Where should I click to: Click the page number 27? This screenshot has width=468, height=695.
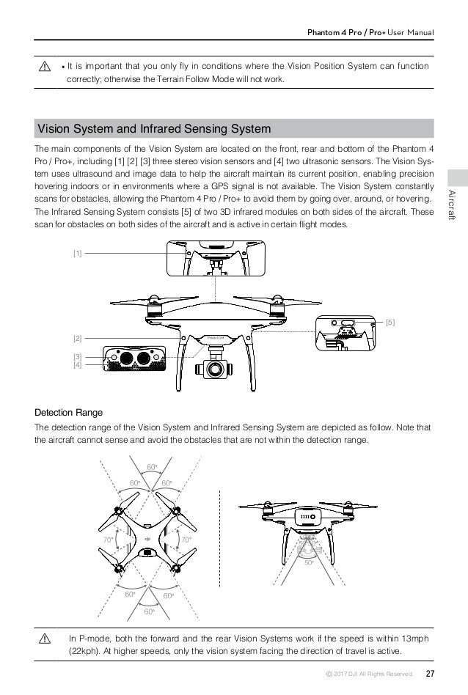(x=430, y=674)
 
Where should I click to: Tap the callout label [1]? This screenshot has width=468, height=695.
(x=76, y=253)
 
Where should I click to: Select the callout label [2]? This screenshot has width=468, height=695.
(x=76, y=338)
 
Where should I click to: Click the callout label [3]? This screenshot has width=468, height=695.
(x=76, y=356)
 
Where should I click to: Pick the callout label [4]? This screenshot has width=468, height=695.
(x=76, y=364)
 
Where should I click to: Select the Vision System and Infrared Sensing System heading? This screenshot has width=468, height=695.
(x=154, y=129)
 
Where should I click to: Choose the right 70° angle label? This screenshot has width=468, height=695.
(x=186, y=540)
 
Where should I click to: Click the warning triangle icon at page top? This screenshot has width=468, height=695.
(x=47, y=67)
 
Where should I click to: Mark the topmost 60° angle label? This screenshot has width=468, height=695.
(x=152, y=466)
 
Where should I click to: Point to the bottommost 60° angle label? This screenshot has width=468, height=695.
(x=150, y=611)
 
